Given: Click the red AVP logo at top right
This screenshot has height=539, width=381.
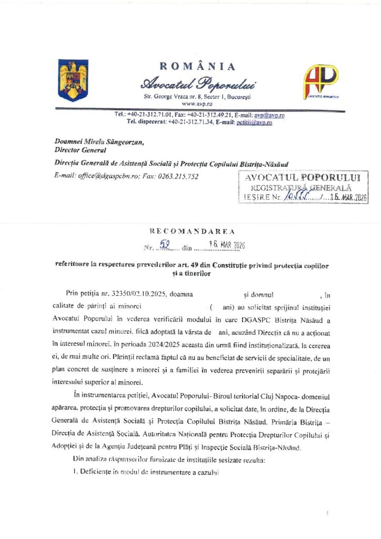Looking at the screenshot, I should click(x=320, y=81).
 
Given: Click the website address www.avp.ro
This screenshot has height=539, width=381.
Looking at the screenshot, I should click(x=196, y=104).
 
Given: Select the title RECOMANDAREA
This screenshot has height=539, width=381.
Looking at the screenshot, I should click(x=193, y=231).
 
